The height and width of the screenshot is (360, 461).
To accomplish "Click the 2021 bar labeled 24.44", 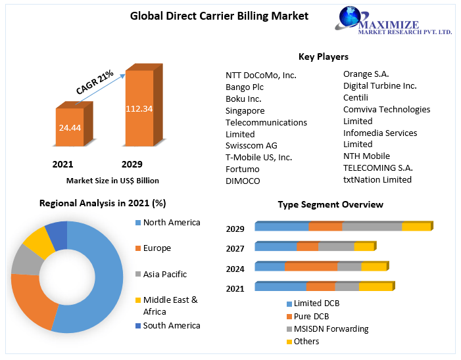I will pyautogui.click(x=70, y=127).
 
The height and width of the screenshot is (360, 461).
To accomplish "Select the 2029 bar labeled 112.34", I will pyautogui.click(x=139, y=107).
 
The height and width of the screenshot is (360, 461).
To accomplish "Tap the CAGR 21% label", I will pyautogui.click(x=95, y=83).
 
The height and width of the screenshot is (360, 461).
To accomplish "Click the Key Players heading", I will pyautogui.click(x=324, y=57).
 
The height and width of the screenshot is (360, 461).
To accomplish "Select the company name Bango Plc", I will pyautogui.click(x=245, y=87).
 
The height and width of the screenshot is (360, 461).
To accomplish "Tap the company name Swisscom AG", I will pyautogui.click(x=251, y=145).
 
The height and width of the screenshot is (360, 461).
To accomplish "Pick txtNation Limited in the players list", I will pyautogui.click(x=377, y=179).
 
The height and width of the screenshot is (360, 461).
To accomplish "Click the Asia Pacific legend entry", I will pyautogui.click(x=164, y=274).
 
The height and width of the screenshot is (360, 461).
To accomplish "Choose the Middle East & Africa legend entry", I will pyautogui.click(x=170, y=305).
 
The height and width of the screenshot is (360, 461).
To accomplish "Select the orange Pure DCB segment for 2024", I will pyautogui.click(x=311, y=267).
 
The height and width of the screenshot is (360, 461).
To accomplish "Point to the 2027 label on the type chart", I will pyautogui.click(x=235, y=248).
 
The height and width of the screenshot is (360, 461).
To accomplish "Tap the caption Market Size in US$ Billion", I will pyautogui.click(x=112, y=180).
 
